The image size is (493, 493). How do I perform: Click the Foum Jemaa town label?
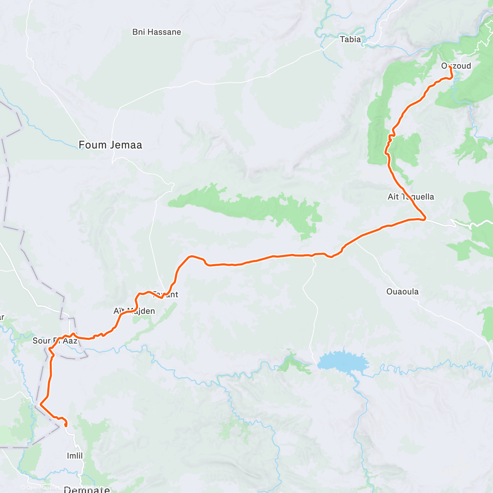110,145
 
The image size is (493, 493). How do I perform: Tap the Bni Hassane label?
157,32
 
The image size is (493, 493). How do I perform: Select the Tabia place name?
350,39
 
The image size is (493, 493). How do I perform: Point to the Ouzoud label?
456,66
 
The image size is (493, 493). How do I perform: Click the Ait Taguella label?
410,197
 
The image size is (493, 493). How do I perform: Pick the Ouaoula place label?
402,292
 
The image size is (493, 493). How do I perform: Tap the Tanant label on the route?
166,295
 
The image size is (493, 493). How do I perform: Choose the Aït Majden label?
134,311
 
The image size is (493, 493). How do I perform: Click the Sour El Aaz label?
55,341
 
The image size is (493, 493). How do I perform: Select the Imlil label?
75,456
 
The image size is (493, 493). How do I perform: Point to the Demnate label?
87,489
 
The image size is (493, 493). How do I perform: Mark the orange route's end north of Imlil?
66,426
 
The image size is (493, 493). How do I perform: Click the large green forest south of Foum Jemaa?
246,207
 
